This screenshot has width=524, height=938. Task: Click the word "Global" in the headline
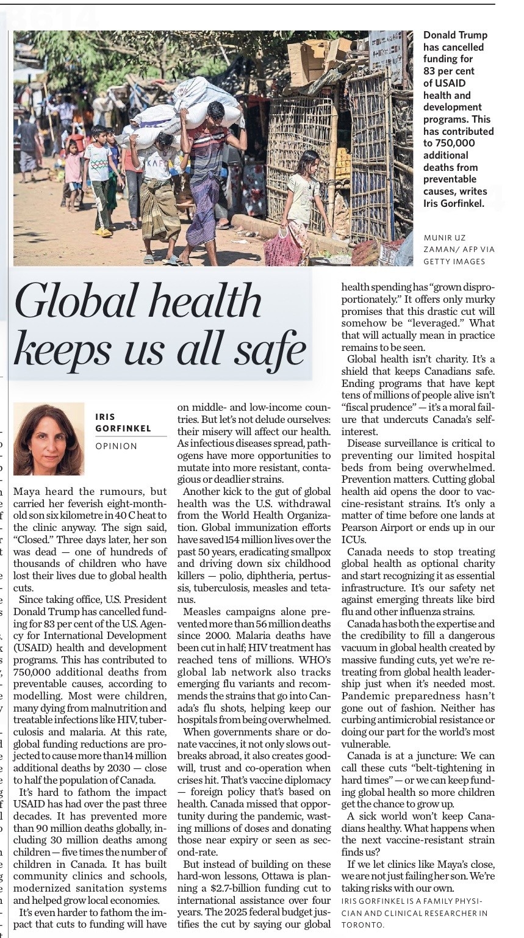click(74, 303)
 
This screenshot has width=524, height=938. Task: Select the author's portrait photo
click(49, 439)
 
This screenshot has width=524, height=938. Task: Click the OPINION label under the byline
click(117, 446)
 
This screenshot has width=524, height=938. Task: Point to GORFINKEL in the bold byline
click(123, 428)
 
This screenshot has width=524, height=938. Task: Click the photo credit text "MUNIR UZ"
click(447, 237)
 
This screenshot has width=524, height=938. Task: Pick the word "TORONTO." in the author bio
click(363, 925)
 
